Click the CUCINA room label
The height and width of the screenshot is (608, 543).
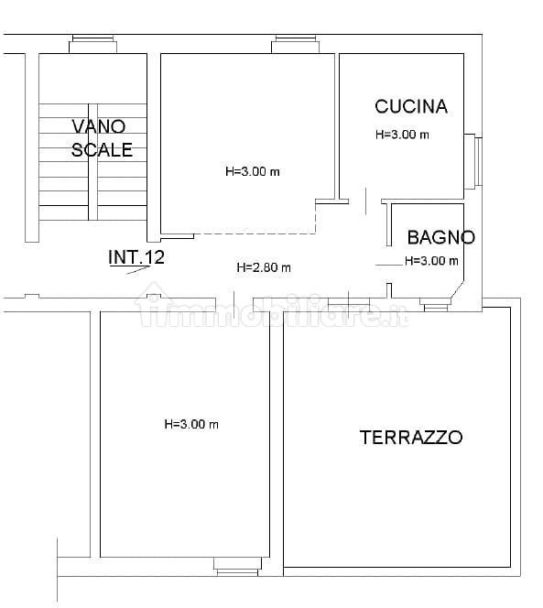pyautogui.click(x=411, y=106)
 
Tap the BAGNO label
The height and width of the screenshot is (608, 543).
pyautogui.click(x=441, y=237)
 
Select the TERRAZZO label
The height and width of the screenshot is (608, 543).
pyautogui.click(x=411, y=438)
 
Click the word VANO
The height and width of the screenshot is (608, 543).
pyautogui.click(x=99, y=126)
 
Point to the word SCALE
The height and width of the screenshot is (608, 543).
pyautogui.click(x=102, y=150)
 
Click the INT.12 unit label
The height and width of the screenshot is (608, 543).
pyautogui.click(x=136, y=257)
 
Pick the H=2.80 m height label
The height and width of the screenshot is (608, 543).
pyautogui.click(x=264, y=267)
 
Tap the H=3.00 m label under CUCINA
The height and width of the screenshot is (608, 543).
pyautogui.click(x=402, y=135)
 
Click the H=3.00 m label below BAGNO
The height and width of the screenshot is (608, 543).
pyautogui.click(x=431, y=261)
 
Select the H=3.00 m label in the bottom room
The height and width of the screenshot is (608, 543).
pyautogui.click(x=191, y=424)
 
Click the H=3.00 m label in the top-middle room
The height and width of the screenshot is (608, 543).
pyautogui.click(x=253, y=171)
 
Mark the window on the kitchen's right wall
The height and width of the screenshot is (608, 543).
pyautogui.click(x=473, y=161)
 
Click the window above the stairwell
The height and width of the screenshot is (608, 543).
pyautogui.click(x=93, y=44)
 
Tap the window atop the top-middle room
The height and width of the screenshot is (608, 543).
pyautogui.click(x=295, y=44)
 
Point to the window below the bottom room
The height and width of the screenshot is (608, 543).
pyautogui.click(x=237, y=567)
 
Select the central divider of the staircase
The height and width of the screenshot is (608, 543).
pyautogui.click(x=92, y=162)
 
